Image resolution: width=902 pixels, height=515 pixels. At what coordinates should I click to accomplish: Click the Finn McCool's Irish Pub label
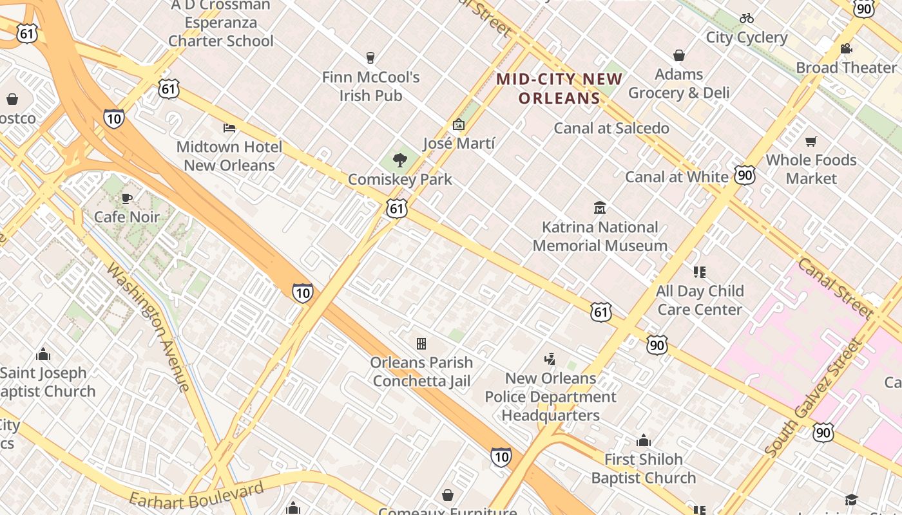tap(371, 86)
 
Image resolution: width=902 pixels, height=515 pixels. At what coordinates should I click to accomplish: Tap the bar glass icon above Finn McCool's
tap(370, 58)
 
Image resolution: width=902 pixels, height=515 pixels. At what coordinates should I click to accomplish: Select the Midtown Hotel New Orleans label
tap(229, 156)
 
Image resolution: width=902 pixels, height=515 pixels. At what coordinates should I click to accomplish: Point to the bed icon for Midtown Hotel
tap(229, 127)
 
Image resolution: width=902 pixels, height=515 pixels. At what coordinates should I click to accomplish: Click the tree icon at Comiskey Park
tap(400, 160)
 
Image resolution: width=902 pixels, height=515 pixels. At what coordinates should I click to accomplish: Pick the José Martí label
tap(459, 144)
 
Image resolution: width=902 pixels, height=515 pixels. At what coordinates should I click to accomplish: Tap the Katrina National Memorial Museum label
tap(600, 236)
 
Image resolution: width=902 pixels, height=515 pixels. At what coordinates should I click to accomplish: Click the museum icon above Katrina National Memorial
tap(600, 207)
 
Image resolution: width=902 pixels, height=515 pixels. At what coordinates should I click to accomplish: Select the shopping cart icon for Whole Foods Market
tap(811, 141)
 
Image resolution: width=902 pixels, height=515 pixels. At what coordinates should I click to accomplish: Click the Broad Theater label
tap(846, 68)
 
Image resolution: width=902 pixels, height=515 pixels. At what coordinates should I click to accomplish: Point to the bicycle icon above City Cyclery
tap(747, 18)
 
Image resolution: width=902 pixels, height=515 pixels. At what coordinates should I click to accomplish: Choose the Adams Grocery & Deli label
tap(679, 84)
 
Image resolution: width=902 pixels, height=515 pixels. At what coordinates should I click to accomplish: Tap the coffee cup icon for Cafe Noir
tap(127, 198)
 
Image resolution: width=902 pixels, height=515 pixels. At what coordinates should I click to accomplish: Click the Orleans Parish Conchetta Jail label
tap(421, 371)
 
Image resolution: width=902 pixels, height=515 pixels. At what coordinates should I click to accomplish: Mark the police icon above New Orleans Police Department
tap(550, 359)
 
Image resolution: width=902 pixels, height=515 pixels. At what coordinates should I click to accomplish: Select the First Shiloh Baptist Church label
tap(644, 469)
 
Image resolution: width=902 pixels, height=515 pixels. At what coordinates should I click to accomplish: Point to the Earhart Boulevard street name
tap(197, 494)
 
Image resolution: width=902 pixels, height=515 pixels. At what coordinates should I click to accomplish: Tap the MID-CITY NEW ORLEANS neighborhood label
tap(559, 89)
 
